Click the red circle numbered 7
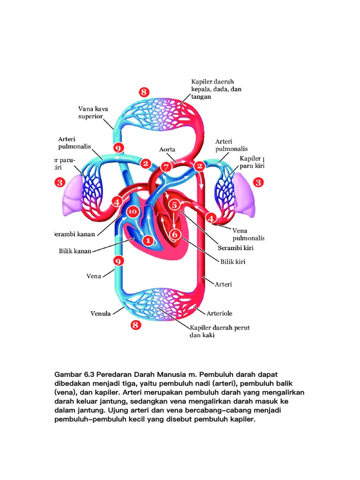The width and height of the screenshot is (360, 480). point(165,167)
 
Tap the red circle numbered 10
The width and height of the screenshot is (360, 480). point(133,211)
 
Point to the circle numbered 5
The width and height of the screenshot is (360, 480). point(174,205)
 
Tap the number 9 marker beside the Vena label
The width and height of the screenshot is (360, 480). point(119,261)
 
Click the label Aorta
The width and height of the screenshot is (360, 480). point(167,150)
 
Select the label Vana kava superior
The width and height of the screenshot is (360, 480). point(93,112)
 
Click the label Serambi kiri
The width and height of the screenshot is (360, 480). point(235,247)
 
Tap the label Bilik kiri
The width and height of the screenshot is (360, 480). point(233,262)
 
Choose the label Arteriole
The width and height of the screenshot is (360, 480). point(220,313)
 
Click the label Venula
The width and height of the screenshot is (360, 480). point(100,313)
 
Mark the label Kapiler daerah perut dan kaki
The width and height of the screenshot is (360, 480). point(219,331)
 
